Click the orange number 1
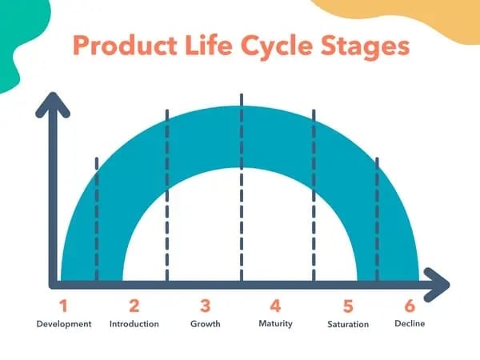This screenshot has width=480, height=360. (x=64, y=306)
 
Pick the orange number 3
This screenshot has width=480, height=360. (x=206, y=306)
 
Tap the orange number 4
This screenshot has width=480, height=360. (x=275, y=306)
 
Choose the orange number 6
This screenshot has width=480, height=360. (x=410, y=306)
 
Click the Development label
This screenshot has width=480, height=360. (x=64, y=324)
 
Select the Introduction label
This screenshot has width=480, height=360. (x=134, y=324)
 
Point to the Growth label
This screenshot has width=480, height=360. (x=206, y=324)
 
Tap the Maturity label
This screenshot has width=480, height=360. (x=275, y=324)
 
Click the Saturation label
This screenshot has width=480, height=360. (x=348, y=324)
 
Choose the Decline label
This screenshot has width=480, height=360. (x=410, y=324)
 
